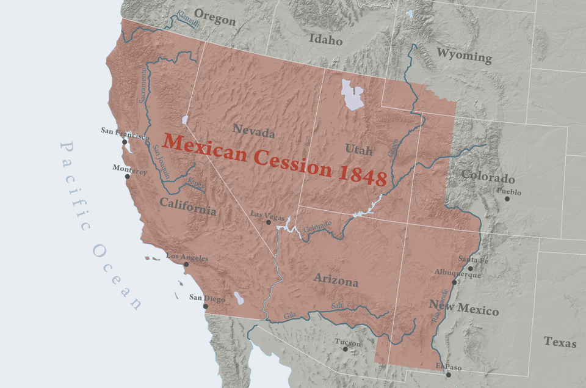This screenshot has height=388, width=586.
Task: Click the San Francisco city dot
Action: [x=125, y=142]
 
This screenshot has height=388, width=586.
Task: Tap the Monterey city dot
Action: [x=128, y=177]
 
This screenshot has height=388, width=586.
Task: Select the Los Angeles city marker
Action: [x=186, y=265]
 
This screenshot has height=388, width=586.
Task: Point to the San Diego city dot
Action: [x=205, y=306]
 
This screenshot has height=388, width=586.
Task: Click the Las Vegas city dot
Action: [x=269, y=222]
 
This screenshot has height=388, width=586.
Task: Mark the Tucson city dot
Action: [x=345, y=349]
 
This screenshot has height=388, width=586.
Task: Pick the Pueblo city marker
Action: [x=507, y=199]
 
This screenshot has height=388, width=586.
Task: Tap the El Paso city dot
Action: [x=448, y=374]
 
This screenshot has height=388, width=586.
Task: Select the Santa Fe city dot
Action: [x=470, y=268]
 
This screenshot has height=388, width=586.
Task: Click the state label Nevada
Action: [x=253, y=130]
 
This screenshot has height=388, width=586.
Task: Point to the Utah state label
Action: [x=358, y=148]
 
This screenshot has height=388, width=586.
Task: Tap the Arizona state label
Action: [x=336, y=280]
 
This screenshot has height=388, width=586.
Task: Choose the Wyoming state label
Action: [x=464, y=56]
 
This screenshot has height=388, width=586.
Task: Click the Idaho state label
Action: [x=325, y=40]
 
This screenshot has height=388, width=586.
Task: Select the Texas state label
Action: [x=560, y=342]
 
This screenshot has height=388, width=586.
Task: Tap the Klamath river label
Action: [x=186, y=19]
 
